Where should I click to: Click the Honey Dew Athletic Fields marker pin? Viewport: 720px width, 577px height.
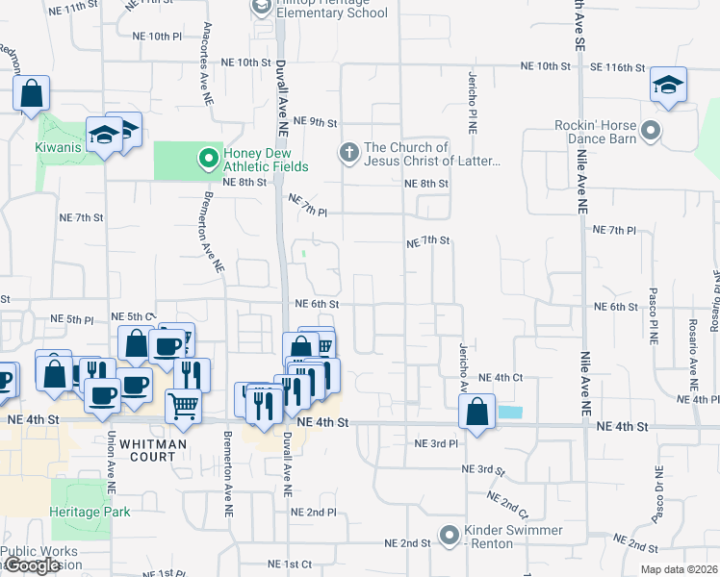click(208, 156)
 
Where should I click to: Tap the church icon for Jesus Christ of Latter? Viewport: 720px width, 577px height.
click(348, 152)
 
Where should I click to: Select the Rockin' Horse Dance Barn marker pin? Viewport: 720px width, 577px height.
click(651, 129)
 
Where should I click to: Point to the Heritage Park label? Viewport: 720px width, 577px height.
click(90, 512)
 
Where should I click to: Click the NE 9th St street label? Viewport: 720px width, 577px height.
click(318, 122)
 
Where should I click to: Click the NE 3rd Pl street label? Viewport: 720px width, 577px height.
click(435, 443)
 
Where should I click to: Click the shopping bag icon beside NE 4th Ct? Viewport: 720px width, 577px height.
click(477, 411)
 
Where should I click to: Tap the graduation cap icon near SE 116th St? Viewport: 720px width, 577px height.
click(668, 85)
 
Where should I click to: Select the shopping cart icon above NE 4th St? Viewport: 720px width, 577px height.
click(184, 404)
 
